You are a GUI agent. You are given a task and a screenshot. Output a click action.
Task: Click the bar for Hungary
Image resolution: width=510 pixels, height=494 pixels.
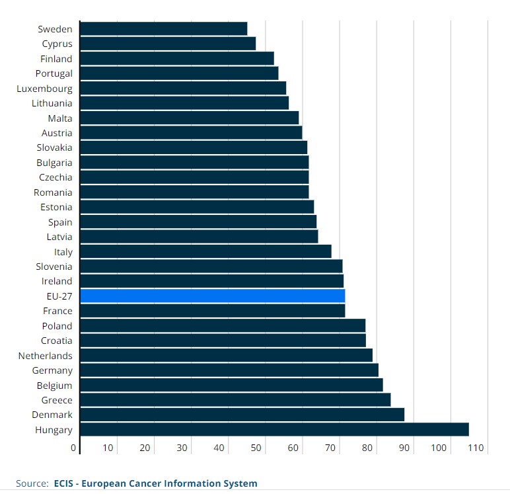pyautogui.click(x=273, y=430)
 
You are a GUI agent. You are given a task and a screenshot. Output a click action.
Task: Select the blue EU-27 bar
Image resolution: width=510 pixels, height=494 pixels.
pyautogui.click(x=212, y=296)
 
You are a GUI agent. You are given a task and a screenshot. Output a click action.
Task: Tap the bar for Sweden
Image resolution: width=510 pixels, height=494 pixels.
pyautogui.click(x=163, y=29)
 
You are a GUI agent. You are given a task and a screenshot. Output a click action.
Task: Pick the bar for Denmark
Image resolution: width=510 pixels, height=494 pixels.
pyautogui.click(x=242, y=415)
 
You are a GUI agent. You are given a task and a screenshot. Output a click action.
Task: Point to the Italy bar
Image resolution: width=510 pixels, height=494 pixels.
pyautogui.click(x=205, y=252)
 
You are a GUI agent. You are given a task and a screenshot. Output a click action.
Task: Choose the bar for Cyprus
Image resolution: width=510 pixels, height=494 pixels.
pyautogui.click(x=167, y=44)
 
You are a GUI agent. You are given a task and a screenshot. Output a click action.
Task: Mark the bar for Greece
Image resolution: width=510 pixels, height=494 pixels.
pyautogui.click(x=235, y=400)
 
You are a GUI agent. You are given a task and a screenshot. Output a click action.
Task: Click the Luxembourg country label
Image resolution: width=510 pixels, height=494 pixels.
pyautogui.click(x=45, y=89)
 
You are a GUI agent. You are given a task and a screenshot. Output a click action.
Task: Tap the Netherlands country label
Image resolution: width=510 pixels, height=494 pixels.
pyautogui.click(x=46, y=356)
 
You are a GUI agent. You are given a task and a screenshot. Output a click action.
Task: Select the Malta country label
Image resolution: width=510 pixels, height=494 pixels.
pyautogui.click(x=60, y=118)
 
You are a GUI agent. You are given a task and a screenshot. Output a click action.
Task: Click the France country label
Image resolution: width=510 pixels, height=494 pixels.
pyautogui.click(x=57, y=311)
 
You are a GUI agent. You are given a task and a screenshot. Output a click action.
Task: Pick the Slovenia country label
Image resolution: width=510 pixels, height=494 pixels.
pyautogui.click(x=54, y=267)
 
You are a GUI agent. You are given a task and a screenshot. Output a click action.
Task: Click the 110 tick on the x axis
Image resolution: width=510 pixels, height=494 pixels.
pyautogui.click(x=476, y=448)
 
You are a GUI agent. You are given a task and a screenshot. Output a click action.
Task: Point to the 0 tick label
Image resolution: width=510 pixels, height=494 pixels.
pyautogui.click(x=74, y=448)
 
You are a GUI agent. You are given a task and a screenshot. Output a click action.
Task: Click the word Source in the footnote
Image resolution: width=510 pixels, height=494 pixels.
pyautogui.click(x=32, y=483)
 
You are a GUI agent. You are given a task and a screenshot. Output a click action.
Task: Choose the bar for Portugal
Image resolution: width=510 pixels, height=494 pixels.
pyautogui.click(x=178, y=73)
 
